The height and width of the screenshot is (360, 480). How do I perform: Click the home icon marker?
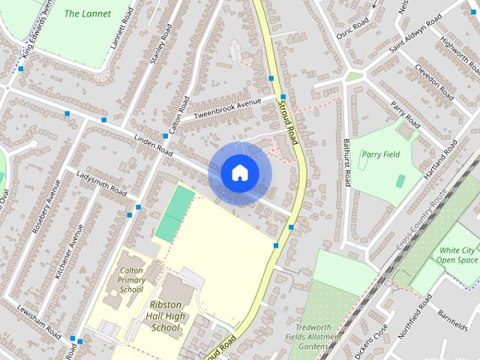click(239, 173)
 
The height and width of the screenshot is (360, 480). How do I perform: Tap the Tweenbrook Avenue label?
click(226, 108)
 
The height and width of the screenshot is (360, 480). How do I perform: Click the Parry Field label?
click(380, 154)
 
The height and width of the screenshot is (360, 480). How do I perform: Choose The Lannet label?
click(88, 13)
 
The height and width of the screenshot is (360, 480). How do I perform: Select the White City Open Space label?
click(457, 255)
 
